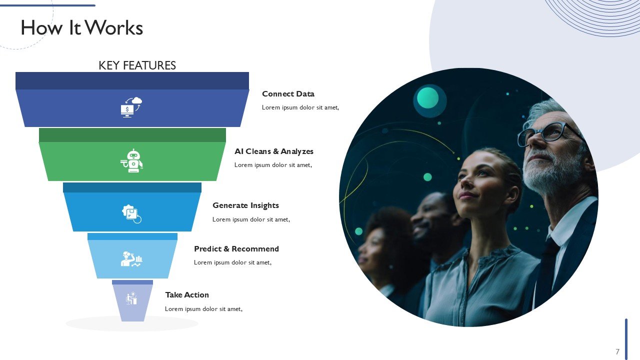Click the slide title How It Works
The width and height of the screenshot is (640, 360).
[81, 27]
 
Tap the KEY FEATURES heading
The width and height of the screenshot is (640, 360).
[137, 65]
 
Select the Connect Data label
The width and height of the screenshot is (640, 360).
[288, 93]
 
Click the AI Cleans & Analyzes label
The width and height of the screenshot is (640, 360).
[273, 151]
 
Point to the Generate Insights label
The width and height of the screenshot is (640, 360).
[245, 205]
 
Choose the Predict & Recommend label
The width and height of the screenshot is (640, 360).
[236, 249]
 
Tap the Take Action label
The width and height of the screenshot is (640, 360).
[187, 295]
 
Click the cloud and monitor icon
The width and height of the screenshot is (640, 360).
[131, 107]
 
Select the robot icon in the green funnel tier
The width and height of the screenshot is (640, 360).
[131, 160]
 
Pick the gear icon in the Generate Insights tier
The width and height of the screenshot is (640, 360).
[131, 214]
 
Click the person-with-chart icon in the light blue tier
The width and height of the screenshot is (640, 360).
[131, 259]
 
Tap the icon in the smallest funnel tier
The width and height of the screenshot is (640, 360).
[131, 298]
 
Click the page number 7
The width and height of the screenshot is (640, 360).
[617, 351]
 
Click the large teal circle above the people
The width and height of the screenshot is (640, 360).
[427, 98]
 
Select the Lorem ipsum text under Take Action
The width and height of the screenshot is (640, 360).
[203, 309]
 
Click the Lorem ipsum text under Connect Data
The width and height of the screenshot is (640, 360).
[300, 107]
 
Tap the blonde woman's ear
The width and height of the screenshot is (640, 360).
[513, 195]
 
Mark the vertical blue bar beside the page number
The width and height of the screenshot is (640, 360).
[626, 339]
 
